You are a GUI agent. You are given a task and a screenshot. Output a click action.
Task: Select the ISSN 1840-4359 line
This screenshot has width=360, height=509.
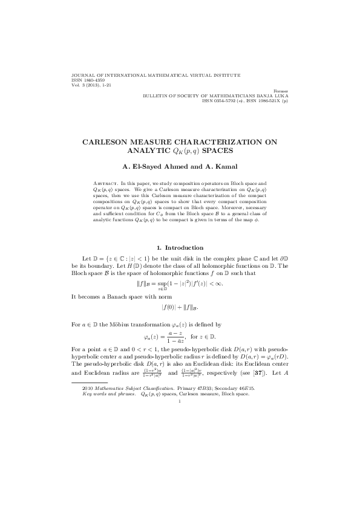(89, 80)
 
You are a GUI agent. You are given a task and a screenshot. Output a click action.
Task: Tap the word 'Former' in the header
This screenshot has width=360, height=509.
(281, 90)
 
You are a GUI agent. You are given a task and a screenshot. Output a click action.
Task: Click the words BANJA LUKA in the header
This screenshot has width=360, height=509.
(269, 95)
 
